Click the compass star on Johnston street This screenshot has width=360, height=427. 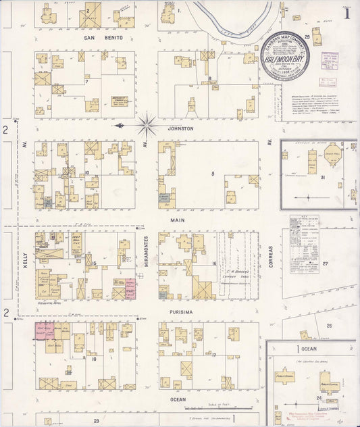pyautogui.click(x=147, y=126)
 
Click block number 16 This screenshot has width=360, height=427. pyautogui.click(x=213, y=263)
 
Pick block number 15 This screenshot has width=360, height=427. pyautogui.click(x=95, y=263)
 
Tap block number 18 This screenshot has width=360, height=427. pyautogui.click(x=95, y=359)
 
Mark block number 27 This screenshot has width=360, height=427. pyautogui.click(x=325, y=263)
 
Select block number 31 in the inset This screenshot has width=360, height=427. pyautogui.click(x=323, y=178)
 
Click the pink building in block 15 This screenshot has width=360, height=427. pyautogui.click(x=129, y=288)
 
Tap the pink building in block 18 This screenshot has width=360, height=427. pyautogui.click(x=44, y=330)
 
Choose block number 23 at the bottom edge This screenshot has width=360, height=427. pyautogui.click(x=96, y=421)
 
